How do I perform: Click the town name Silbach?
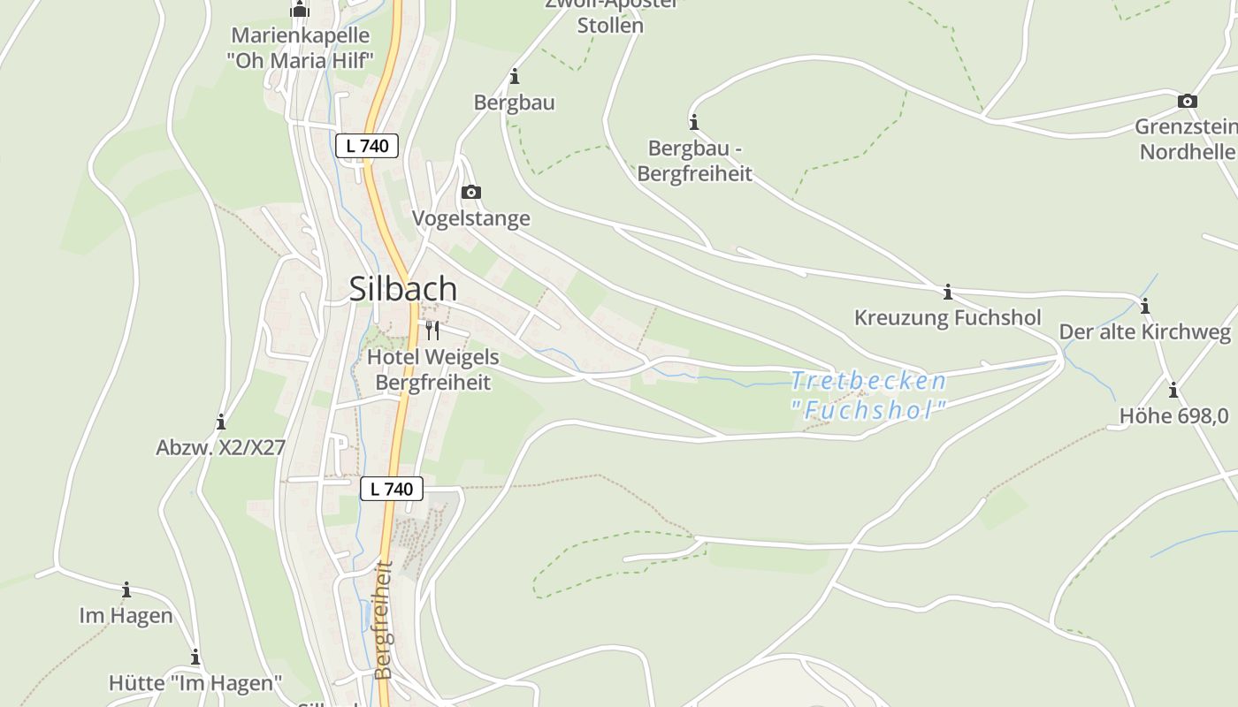pyautogui.click(x=403, y=289)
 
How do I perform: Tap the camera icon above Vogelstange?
pyautogui.click(x=471, y=192)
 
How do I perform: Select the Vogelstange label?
pyautogui.click(x=471, y=218)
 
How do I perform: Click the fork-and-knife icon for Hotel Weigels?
pyautogui.click(x=432, y=331)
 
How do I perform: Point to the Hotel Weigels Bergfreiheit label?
pyautogui.click(x=432, y=370)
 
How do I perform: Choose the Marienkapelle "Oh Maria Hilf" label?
pyautogui.click(x=300, y=48)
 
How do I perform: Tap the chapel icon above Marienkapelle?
pyautogui.click(x=300, y=11)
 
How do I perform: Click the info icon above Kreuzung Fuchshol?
pyautogui.click(x=947, y=292)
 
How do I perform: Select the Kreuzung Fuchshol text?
pyautogui.click(x=947, y=317)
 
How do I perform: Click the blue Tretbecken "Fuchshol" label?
pyautogui.click(x=867, y=395)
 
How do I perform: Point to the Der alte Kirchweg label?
pyautogui.click(x=1144, y=332)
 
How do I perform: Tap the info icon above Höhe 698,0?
pyautogui.click(x=1173, y=390)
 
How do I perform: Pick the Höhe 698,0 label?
pyautogui.click(x=1173, y=415)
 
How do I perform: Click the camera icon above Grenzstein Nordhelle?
pyautogui.click(x=1188, y=102)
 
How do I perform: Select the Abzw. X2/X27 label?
pyautogui.click(x=220, y=447)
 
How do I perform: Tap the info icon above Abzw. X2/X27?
pyautogui.click(x=220, y=422)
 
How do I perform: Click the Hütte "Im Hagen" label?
pyautogui.click(x=195, y=683)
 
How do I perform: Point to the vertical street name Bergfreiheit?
pyautogui.click(x=383, y=620)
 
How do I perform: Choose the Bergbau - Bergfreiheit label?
pyautogui.click(x=694, y=161)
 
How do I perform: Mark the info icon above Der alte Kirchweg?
pyautogui.click(x=1144, y=307)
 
